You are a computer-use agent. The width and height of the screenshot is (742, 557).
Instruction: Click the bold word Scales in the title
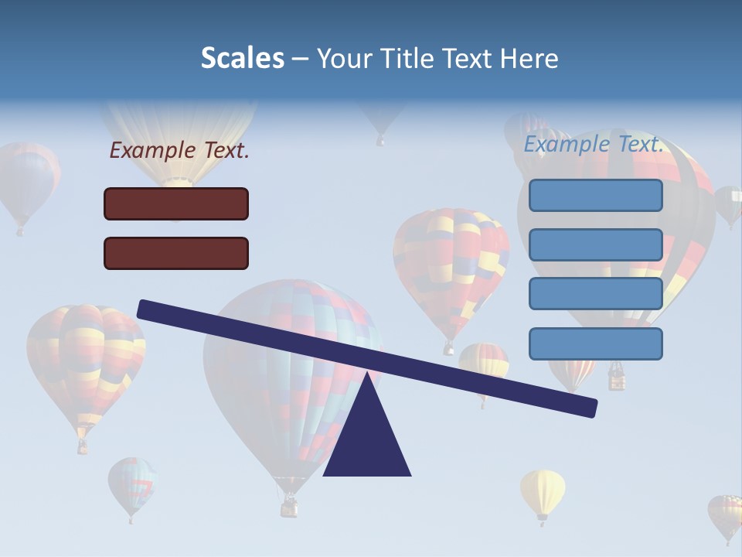tap(243, 58)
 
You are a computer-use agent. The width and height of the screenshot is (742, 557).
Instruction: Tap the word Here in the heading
tap(529, 59)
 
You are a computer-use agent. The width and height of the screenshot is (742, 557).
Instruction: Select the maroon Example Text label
tap(179, 151)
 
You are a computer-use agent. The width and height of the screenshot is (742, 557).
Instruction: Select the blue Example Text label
tap(594, 144)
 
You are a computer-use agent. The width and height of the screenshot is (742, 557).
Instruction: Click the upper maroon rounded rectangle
tap(176, 203)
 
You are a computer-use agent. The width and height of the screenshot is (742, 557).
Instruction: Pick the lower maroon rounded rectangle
tap(176, 253)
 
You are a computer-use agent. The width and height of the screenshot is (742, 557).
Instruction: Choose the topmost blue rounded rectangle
tap(595, 195)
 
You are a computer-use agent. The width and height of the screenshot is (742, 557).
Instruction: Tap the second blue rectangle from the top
tap(595, 244)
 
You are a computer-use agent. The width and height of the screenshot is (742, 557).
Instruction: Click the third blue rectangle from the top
tap(595, 293)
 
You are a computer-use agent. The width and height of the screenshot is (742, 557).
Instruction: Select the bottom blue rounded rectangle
tap(595, 343)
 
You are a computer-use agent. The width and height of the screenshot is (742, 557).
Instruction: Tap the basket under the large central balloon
tap(289, 507)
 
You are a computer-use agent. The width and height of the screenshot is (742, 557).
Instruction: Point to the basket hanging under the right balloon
tap(617, 378)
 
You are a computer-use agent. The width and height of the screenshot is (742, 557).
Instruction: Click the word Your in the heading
tap(345, 59)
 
